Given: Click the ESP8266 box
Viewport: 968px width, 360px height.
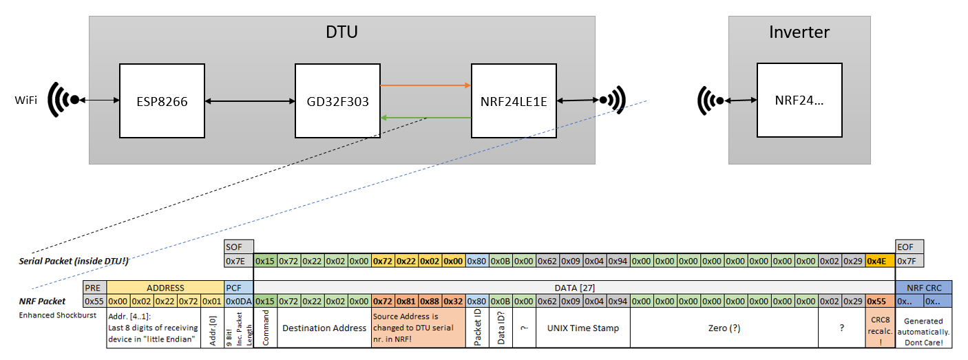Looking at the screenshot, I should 162,100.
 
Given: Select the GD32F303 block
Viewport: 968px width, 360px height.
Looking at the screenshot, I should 337,100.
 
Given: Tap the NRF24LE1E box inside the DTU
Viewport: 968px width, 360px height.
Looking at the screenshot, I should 513,100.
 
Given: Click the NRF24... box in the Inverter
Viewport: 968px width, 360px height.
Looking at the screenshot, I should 799,100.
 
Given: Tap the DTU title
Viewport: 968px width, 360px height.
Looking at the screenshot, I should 341,32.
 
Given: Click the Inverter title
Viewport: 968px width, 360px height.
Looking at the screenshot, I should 799,32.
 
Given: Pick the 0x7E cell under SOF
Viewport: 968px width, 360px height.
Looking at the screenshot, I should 239,261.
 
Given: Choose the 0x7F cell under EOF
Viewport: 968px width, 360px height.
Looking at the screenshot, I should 909,261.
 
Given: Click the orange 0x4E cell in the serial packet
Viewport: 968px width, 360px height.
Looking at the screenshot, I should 880,261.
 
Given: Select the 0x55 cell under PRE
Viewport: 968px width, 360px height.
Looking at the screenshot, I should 94,301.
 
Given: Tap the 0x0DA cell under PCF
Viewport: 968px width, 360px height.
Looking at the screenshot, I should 239,301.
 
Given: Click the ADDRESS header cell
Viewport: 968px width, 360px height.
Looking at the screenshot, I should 165,288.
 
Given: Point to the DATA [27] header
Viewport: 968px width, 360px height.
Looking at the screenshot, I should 574,288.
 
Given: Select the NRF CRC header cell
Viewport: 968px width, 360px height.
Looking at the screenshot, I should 923,288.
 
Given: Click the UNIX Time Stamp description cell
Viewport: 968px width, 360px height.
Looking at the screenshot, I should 582,328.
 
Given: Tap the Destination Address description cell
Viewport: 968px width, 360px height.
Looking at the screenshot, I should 324,328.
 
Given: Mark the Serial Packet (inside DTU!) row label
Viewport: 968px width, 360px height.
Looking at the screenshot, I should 74,262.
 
